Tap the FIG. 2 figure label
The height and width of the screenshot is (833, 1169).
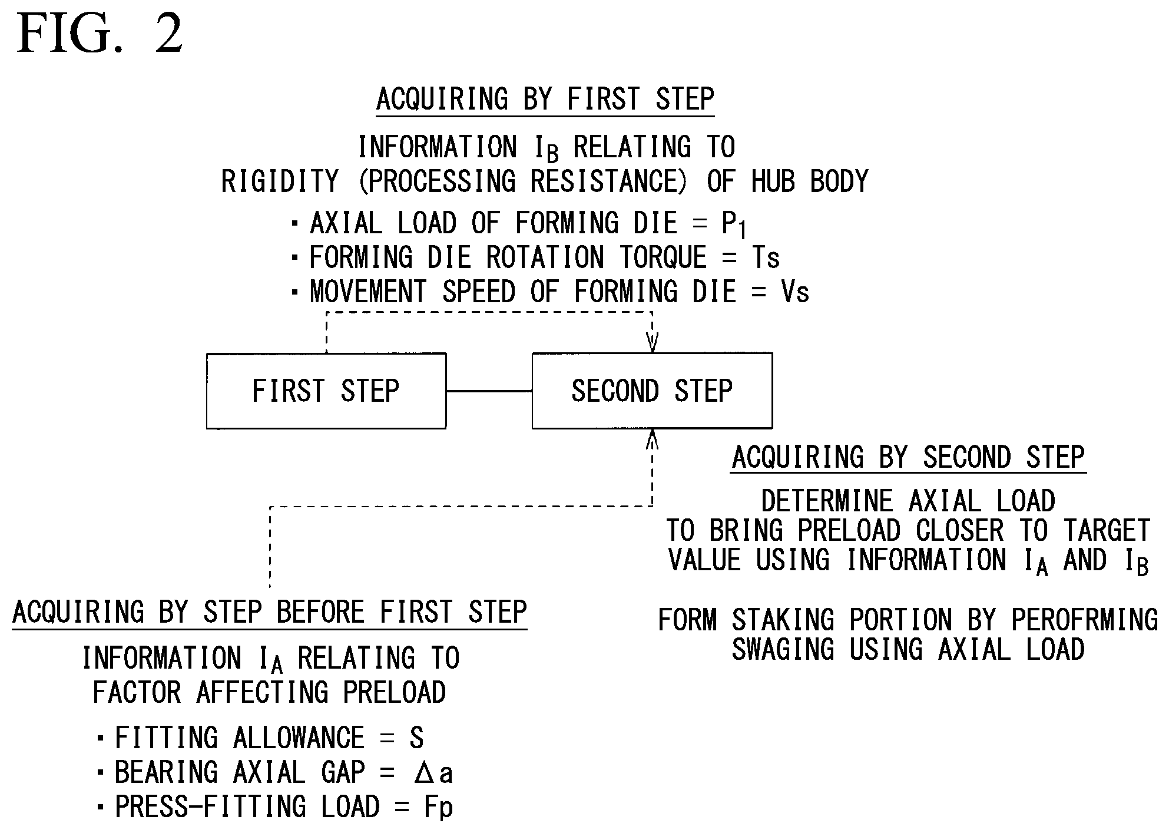[x=100, y=34]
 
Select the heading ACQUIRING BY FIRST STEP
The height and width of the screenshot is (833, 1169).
[x=545, y=99]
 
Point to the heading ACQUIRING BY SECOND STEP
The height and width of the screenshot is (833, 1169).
[x=909, y=457]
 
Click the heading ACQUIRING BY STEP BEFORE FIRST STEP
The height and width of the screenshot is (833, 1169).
[x=270, y=612]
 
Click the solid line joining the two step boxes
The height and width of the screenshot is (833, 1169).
[x=489, y=391]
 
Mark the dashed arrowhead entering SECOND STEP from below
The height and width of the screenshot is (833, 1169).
[x=652, y=439]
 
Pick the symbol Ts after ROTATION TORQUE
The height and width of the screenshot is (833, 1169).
[x=766, y=257]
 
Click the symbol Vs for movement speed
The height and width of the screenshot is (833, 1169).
[x=795, y=292]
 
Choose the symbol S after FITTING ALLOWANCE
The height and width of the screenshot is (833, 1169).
[x=416, y=738]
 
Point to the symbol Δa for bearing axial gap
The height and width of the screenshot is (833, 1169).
[x=433, y=772]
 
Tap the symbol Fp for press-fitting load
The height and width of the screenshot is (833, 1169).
[x=439, y=808]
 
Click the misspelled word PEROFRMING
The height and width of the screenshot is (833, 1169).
[x=1084, y=620]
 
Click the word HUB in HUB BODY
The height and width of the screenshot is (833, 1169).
[x=773, y=181]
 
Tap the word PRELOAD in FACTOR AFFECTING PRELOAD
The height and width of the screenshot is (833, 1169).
[x=395, y=692]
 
